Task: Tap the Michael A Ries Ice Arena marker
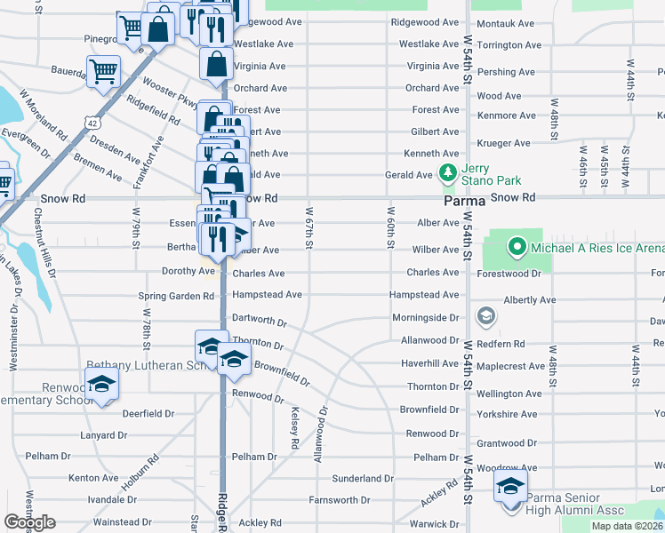click(516, 245)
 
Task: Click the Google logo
click(30, 522)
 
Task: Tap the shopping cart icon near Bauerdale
click(103, 72)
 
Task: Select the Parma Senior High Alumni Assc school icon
click(510, 484)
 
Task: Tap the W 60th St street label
click(390, 227)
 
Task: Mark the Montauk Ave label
click(505, 23)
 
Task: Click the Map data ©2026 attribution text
click(625, 526)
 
